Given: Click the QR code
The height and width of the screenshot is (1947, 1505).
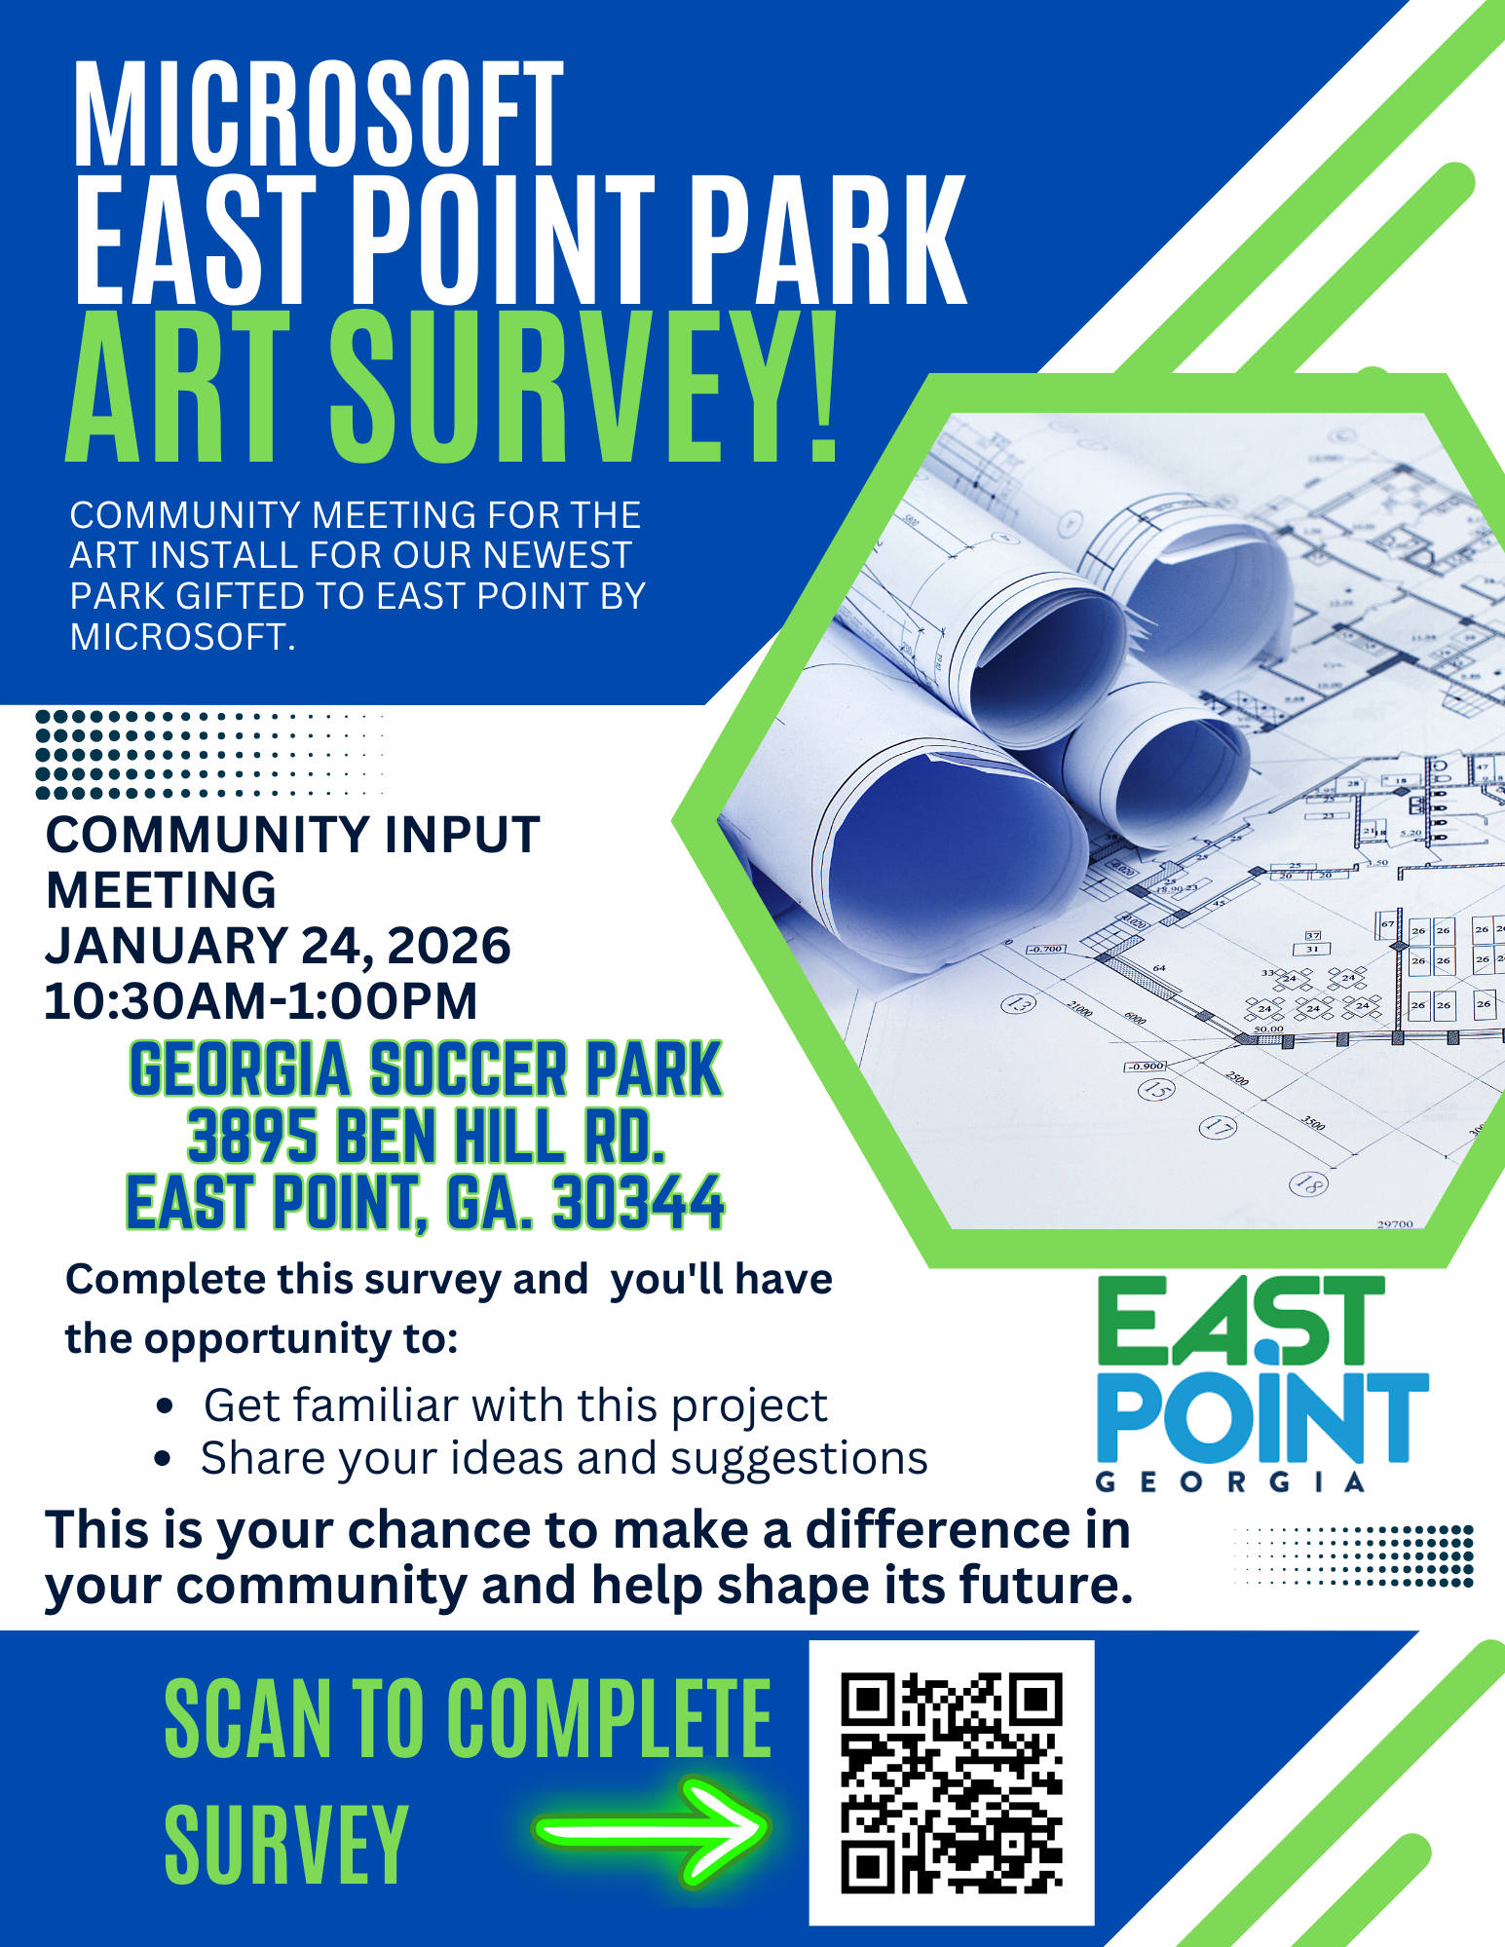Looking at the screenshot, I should [x=952, y=1782].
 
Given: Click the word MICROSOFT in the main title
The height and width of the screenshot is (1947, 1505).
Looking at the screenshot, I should [x=319, y=115].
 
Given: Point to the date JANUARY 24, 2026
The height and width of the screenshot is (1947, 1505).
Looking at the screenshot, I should [x=278, y=946].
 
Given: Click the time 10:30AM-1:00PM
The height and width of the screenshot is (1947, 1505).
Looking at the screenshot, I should [x=261, y=1001].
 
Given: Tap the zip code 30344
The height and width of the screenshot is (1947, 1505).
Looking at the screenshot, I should [x=638, y=1203].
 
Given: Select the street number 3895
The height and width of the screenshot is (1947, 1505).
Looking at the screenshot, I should [x=252, y=1137].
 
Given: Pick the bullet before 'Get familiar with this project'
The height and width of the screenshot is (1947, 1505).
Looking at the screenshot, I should [x=165, y=1406].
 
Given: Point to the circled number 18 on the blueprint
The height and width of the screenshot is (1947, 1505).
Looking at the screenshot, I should [x=1306, y=1184].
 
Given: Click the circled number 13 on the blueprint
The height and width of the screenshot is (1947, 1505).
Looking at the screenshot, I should [x=1018, y=1003].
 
